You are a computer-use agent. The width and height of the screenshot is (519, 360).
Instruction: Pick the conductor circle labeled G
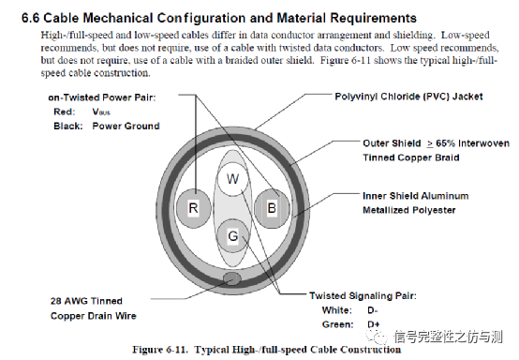point(233,236)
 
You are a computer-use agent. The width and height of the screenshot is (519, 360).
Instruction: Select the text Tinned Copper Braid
point(409,157)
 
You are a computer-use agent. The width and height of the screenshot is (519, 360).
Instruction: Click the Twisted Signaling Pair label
point(362,295)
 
